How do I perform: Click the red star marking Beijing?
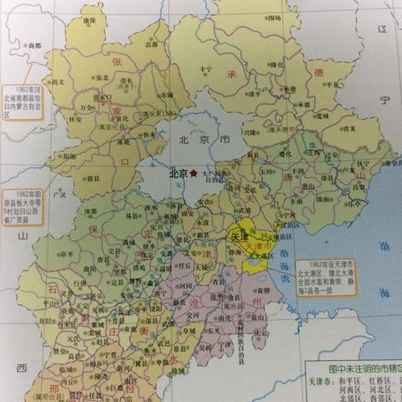coord(194,173)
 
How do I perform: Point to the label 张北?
coord(102,76)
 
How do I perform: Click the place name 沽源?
coord(151,45)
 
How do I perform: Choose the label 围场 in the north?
coord(275,18)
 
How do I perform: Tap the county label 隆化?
coord(277,64)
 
